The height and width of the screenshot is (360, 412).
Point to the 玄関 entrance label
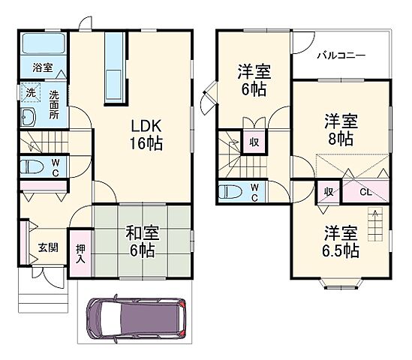click(47, 247)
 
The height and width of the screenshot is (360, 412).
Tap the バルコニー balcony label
click(341, 55)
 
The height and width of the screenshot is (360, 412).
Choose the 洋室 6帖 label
click(254, 79)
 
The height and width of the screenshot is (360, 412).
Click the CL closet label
click(365, 192)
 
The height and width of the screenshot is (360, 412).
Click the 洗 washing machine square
click(30, 93)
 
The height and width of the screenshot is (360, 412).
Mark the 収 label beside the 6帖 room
click(254, 141)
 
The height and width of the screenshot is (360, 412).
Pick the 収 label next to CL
click(328, 192)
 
